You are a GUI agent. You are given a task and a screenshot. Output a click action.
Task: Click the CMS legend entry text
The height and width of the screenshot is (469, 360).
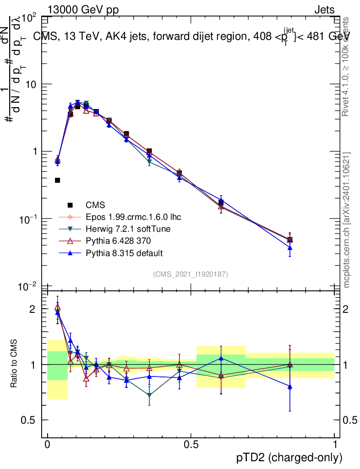[x=95, y=205]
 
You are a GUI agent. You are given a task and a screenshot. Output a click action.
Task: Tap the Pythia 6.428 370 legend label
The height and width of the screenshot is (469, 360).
[x=118, y=240]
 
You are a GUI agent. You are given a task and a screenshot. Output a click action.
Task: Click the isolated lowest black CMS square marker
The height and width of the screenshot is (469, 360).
[x=57, y=180]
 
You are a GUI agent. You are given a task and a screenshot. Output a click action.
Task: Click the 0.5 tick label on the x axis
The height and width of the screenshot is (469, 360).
[x=191, y=445]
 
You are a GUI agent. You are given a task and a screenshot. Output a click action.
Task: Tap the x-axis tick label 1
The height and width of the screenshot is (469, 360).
[x=335, y=445]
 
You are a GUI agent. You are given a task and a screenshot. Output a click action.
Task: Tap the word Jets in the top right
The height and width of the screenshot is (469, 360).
[x=324, y=10]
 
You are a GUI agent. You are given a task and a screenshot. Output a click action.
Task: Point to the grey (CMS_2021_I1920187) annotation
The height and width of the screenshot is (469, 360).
[x=191, y=274]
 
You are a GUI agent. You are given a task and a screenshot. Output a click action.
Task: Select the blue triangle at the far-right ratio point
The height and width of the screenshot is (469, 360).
[x=289, y=387]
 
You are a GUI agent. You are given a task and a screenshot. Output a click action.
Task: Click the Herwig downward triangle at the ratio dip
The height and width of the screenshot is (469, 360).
[x=149, y=395]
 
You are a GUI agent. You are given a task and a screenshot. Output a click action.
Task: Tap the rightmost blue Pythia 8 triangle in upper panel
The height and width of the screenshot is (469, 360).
[x=289, y=248]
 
